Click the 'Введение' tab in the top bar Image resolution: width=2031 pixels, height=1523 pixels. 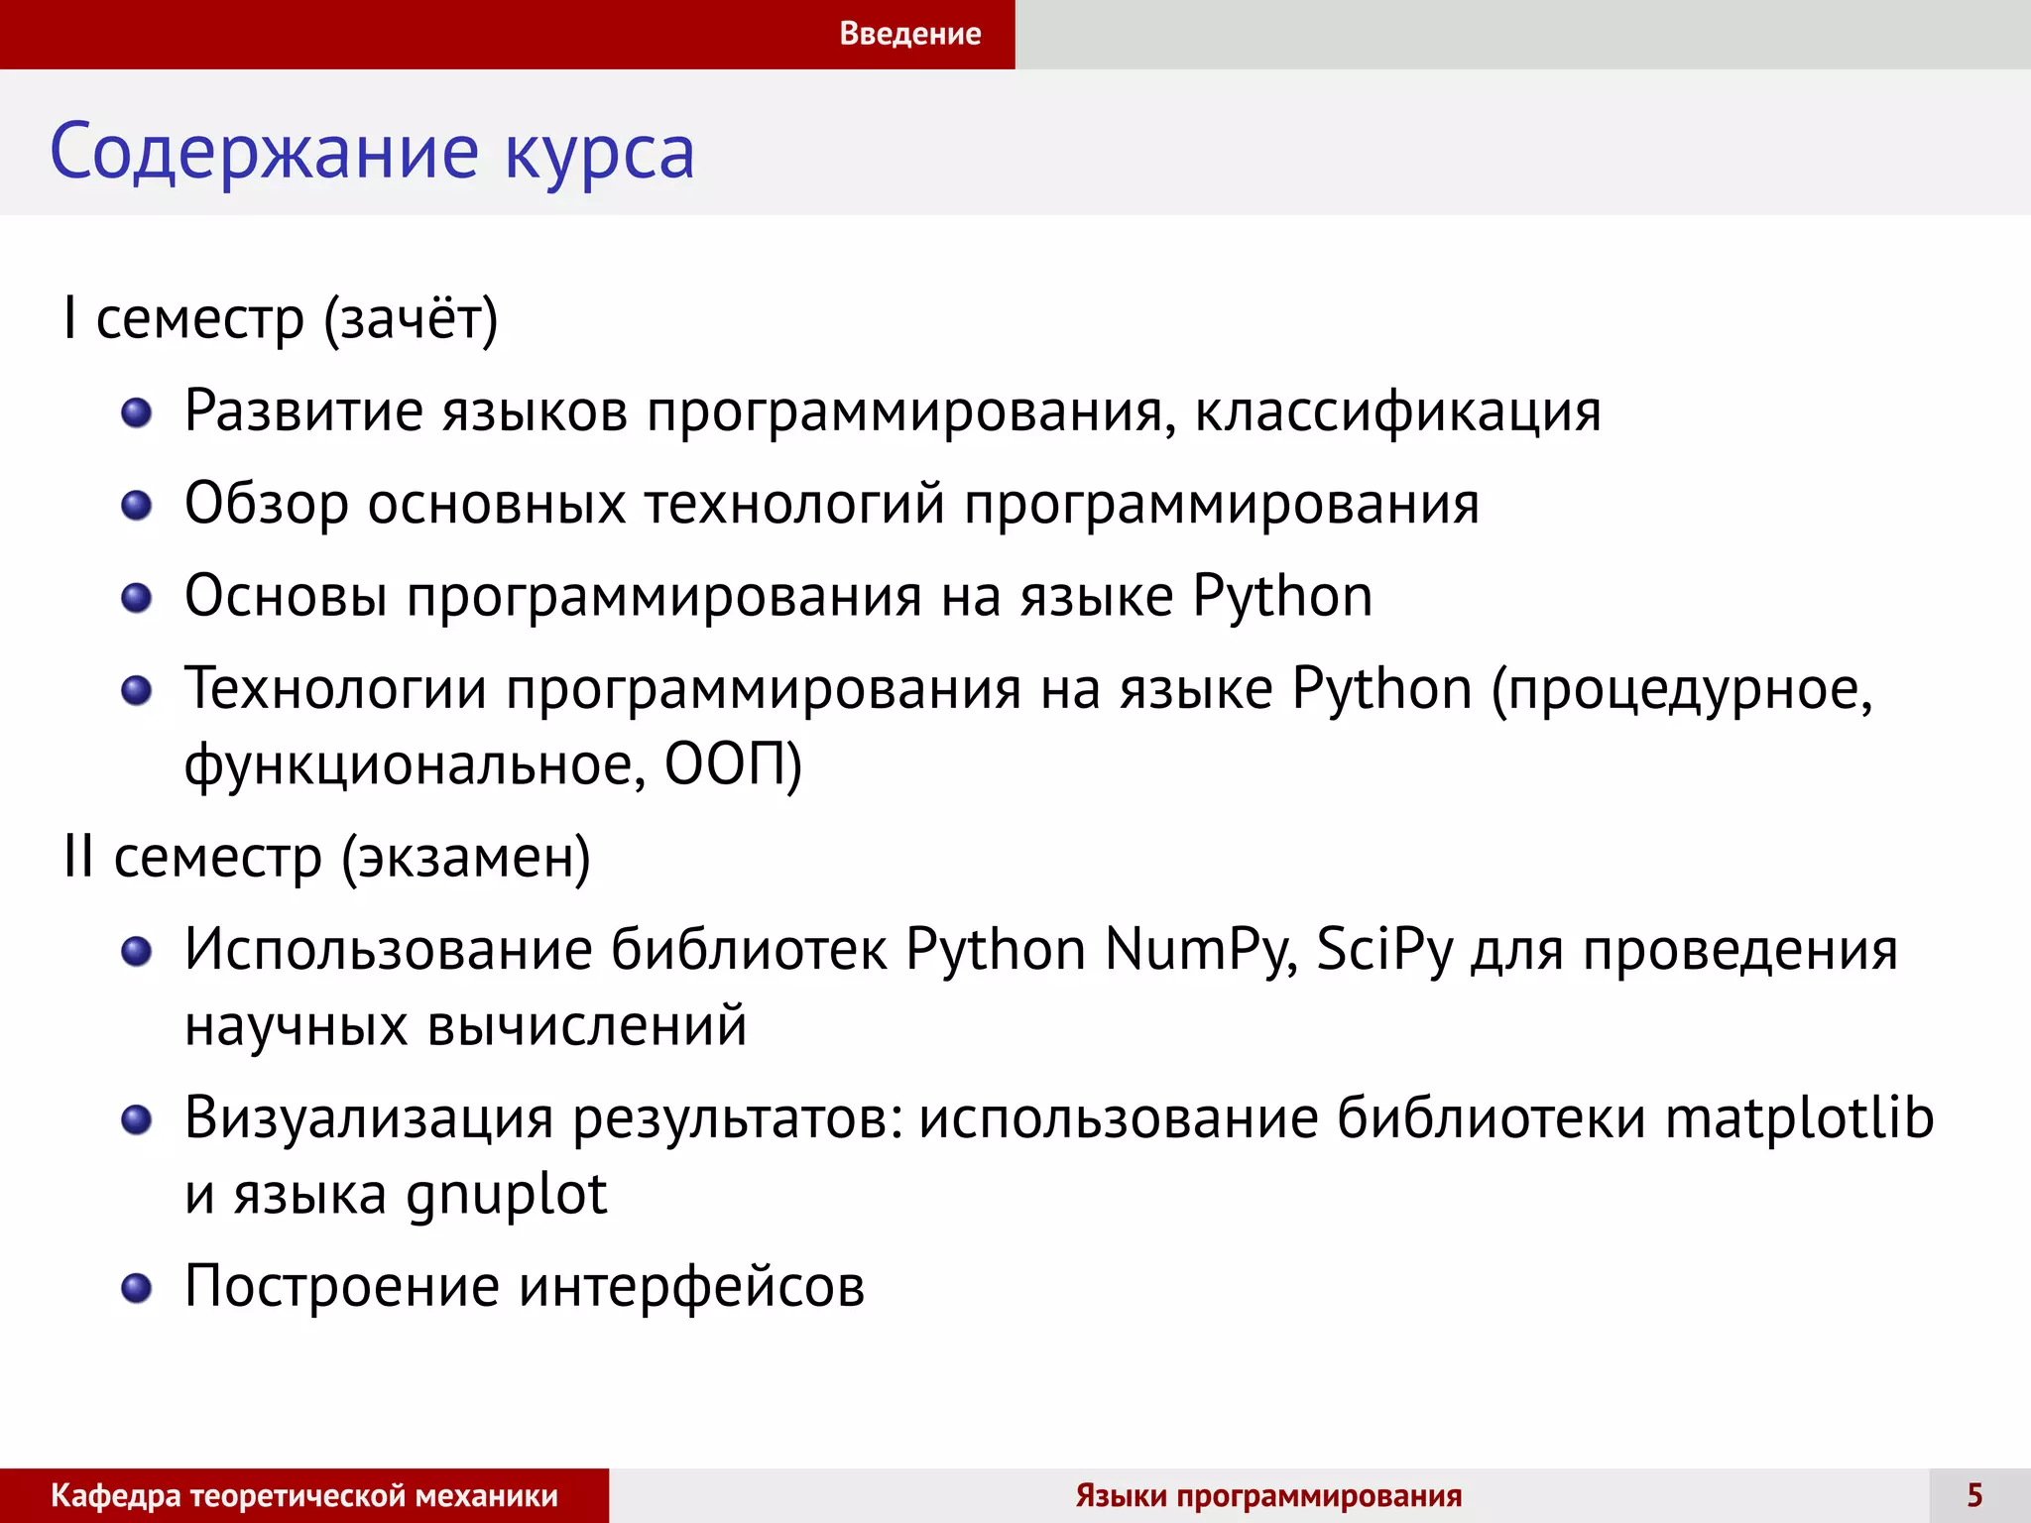pyautogui.click(x=909, y=34)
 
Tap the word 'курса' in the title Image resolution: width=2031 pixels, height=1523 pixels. pyautogui.click(x=599, y=153)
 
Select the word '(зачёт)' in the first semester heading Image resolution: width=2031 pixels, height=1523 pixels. pyautogui.click(x=411, y=319)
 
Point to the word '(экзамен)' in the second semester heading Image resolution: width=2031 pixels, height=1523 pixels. pyautogui.click(x=466, y=858)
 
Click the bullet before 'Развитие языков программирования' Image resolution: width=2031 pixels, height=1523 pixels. pyautogui.click(x=136, y=412)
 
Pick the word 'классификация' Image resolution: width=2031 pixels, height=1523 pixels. pyautogui.click(x=1397, y=410)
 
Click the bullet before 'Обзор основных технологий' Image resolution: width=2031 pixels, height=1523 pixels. pyautogui.click(x=136, y=506)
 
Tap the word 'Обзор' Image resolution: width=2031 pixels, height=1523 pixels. pyautogui.click(x=266, y=504)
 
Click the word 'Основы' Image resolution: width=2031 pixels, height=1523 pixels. pyautogui.click(x=286, y=597)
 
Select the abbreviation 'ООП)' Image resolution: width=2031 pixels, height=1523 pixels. pyautogui.click(x=733, y=764)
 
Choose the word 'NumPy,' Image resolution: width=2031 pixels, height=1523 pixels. pyautogui.click(x=1201, y=950)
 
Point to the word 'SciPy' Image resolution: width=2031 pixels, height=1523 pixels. pyautogui.click(x=1384, y=950)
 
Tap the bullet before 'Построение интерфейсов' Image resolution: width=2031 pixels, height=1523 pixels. pyautogui.click(x=136, y=1288)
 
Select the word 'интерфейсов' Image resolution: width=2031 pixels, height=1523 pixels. pyautogui.click(x=691, y=1287)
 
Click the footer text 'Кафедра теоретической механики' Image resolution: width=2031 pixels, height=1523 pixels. pyautogui.click(x=304, y=1495)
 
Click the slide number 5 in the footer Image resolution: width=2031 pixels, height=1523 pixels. pyautogui.click(x=1974, y=1495)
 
